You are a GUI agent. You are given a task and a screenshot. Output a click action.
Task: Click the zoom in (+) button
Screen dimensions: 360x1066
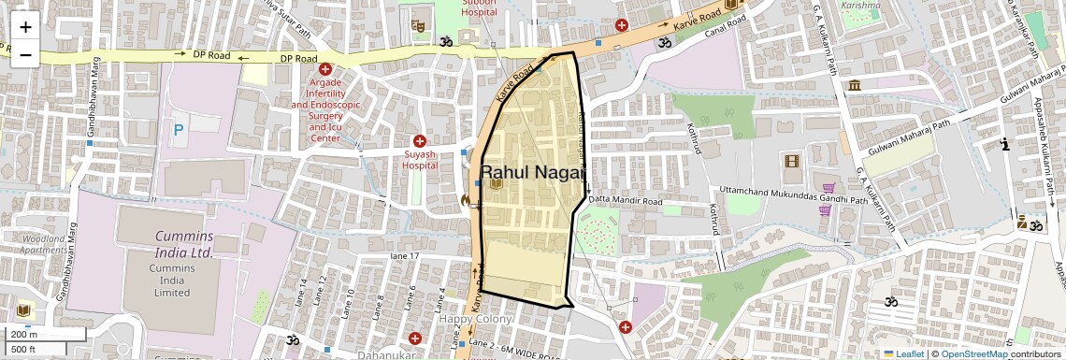point(25,26)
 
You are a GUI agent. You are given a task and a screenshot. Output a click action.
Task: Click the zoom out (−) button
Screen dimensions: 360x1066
point(25,54)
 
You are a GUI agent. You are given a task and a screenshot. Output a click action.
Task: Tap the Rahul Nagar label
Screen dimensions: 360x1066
point(532,172)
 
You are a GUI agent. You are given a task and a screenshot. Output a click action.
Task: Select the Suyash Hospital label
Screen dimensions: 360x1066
point(420,160)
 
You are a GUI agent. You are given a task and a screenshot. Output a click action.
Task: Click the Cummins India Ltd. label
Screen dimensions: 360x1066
point(171,244)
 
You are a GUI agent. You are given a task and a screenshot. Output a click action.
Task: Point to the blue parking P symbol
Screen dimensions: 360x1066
point(178,131)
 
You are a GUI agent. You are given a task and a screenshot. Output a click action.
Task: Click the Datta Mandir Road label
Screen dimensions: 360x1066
point(625,201)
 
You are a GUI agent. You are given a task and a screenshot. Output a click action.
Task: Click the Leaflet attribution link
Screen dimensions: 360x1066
point(903,353)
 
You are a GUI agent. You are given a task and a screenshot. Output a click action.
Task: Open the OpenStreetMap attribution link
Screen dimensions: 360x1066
point(974,353)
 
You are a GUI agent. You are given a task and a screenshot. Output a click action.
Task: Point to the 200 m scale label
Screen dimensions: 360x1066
point(24,334)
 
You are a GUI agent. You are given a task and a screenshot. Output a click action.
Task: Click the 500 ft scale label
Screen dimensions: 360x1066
point(23,349)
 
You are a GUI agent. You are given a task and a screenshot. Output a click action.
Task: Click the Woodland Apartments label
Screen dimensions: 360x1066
point(44,244)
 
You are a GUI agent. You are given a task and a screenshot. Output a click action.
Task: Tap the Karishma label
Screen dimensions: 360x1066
point(860,5)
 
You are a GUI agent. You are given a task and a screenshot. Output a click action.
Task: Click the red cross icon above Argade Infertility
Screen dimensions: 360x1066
point(324,69)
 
